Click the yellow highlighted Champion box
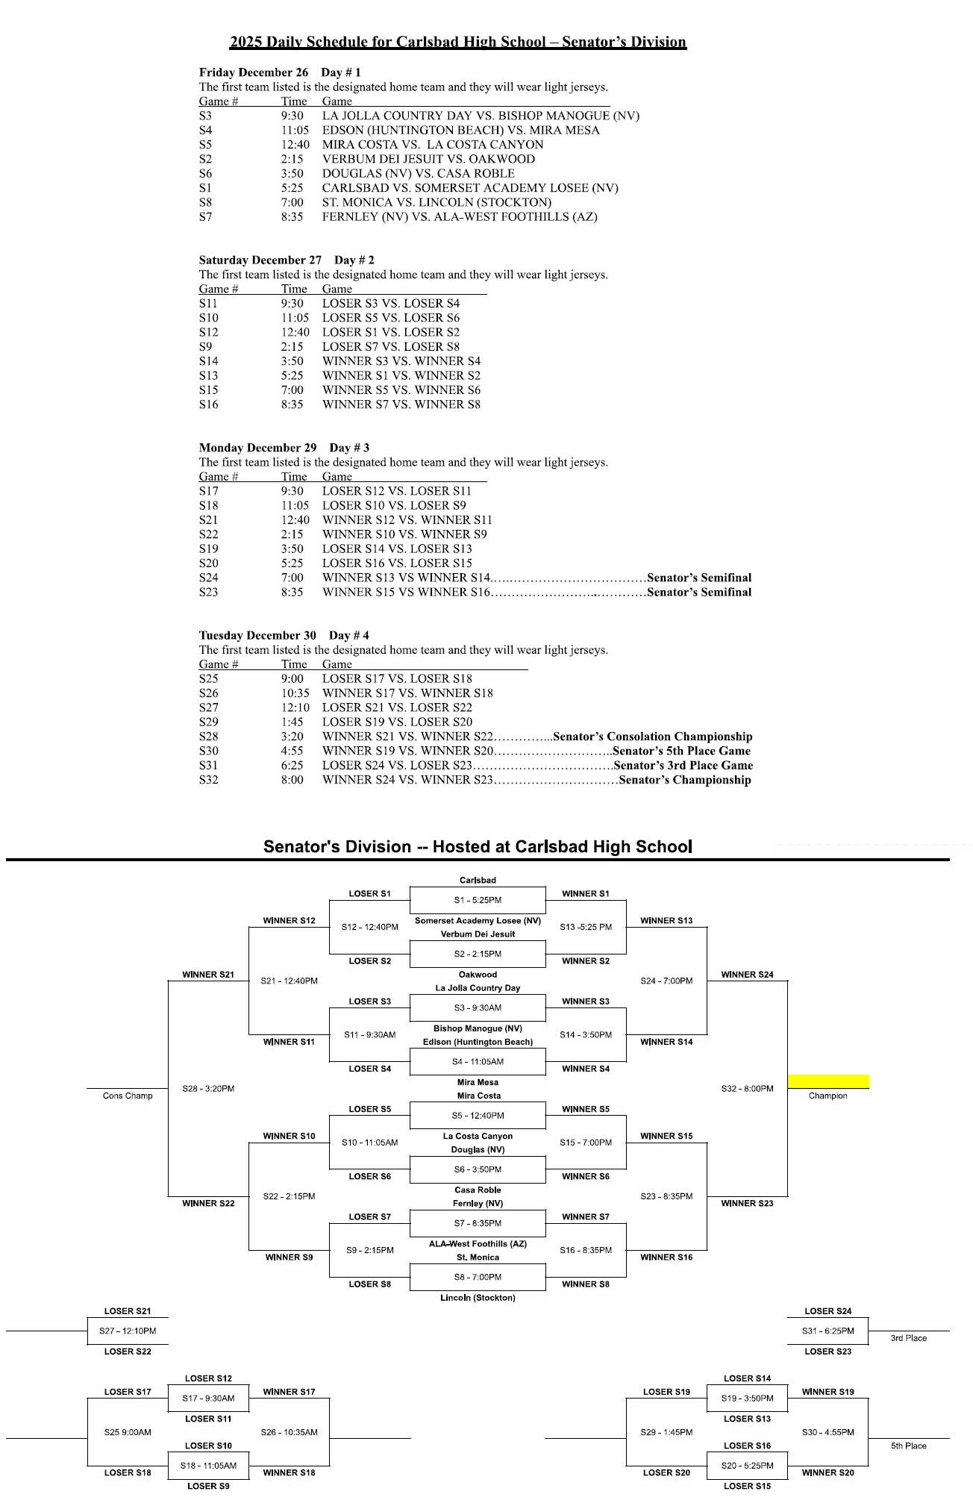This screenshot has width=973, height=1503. [828, 1081]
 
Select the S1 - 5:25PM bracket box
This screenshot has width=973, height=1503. [478, 900]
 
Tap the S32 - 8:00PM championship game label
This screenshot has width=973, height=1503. [747, 1089]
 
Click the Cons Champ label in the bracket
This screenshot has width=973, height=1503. [128, 1096]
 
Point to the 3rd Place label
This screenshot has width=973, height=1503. [908, 1338]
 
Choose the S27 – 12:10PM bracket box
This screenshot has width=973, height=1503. [128, 1331]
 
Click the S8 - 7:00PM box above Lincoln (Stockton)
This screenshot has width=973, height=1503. [478, 1277]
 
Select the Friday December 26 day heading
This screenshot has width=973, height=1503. [254, 72]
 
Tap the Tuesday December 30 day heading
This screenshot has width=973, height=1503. [257, 635]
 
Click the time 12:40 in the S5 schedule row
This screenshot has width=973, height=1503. [295, 145]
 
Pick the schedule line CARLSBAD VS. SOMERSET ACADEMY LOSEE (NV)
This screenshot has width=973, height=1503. [470, 188]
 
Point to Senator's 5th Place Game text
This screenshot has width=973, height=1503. [681, 751]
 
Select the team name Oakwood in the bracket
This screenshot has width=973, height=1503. [478, 975]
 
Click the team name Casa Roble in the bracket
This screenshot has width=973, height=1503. [478, 1190]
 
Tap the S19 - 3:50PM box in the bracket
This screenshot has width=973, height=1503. [747, 1398]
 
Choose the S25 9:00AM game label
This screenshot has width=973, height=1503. [128, 1432]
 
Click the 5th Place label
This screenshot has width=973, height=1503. [908, 1446]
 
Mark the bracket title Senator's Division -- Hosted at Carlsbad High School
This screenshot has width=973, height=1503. [478, 847]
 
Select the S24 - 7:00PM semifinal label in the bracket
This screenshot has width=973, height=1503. [666, 981]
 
